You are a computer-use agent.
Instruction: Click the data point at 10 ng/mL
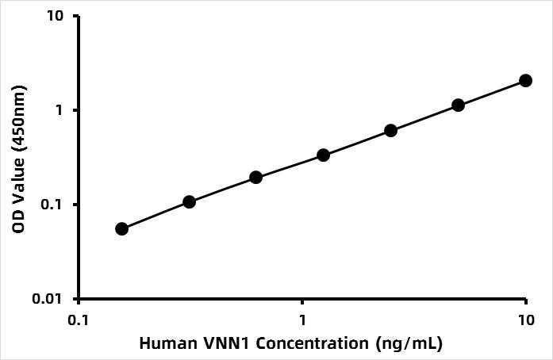pyautogui.click(x=525, y=80)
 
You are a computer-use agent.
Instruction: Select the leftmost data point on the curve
pyautogui.click(x=121, y=228)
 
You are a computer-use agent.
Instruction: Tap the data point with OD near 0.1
pyautogui.click(x=189, y=201)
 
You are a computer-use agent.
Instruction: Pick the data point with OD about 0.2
pyautogui.click(x=255, y=177)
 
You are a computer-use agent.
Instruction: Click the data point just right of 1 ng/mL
pyautogui.click(x=323, y=155)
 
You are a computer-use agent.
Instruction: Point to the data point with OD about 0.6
pyautogui.click(x=390, y=130)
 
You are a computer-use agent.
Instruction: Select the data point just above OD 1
pyautogui.click(x=458, y=105)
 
